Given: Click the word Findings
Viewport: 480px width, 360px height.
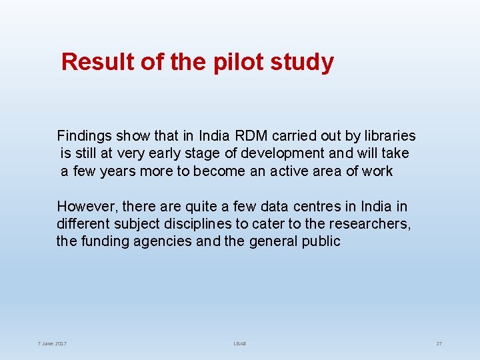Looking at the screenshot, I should point(85,136).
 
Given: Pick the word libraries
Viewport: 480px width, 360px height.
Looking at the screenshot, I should point(389,136).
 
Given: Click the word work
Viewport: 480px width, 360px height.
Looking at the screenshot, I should point(377,171).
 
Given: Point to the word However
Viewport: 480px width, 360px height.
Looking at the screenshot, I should point(86,207).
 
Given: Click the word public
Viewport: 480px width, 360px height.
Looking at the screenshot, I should point(319,241).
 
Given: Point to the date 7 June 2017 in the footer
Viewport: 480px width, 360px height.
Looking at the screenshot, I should point(52,343).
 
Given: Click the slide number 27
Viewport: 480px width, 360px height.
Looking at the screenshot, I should point(439,343).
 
